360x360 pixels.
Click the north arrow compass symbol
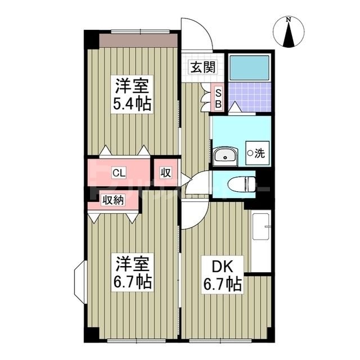[x=289, y=33]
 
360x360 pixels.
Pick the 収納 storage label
[x=112, y=199]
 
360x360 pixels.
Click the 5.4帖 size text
[x=133, y=105]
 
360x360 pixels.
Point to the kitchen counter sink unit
[x=261, y=242]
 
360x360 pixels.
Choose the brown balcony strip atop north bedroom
[x=139, y=40]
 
